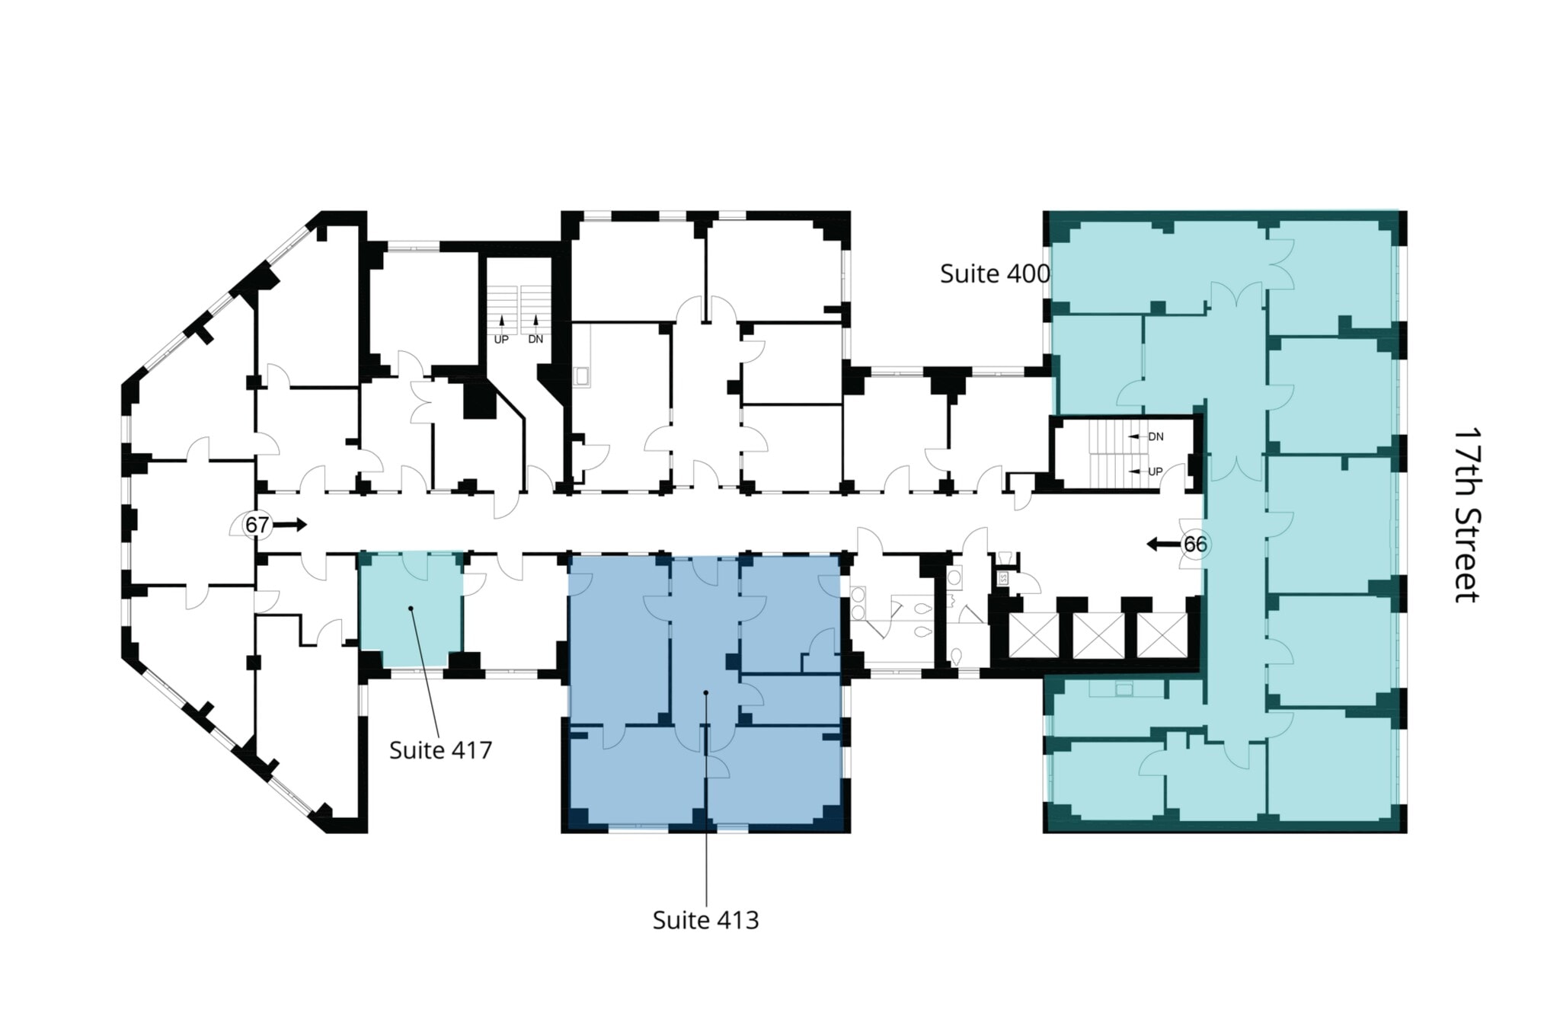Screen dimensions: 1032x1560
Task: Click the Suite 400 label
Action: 994,273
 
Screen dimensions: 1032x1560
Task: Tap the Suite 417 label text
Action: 440,750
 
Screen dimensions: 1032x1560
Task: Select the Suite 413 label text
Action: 705,920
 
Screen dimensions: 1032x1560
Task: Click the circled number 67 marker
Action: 257,525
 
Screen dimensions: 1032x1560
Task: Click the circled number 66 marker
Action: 1194,545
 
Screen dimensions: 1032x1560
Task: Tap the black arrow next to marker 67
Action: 289,525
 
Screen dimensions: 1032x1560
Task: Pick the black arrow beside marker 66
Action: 1162,544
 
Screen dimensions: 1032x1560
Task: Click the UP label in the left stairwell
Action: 501,339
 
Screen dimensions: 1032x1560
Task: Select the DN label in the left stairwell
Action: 535,339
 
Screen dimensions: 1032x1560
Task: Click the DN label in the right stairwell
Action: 1156,436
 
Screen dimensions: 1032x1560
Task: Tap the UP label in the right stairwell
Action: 1155,472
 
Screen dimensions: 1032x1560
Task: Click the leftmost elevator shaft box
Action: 1034,635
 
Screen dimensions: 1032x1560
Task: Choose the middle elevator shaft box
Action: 1098,635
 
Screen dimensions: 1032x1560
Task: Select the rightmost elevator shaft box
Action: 1162,635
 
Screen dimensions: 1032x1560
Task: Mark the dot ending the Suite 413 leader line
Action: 706,692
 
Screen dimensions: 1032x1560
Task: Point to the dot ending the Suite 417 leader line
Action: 411,608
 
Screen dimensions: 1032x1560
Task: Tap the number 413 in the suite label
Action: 736,920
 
